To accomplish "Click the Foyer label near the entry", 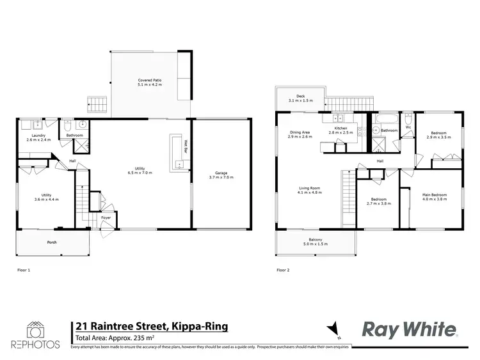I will [106, 218].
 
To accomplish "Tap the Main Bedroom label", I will [434, 194].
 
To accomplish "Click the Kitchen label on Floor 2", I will [341, 129].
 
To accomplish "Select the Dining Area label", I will [300, 132].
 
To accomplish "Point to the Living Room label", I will [309, 188].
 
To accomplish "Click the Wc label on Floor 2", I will [407, 127].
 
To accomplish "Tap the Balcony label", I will [315, 240].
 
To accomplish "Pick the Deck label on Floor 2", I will [300, 96].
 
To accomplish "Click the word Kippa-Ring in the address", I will [200, 327].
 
